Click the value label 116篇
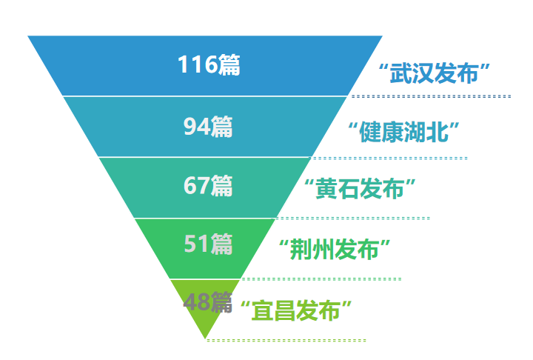[209, 64]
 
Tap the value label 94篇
[208, 127]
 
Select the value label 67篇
[208, 186]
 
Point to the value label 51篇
[208, 244]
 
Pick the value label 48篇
[208, 301]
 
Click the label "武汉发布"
[434, 73]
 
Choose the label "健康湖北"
[404, 132]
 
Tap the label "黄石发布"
[360, 188]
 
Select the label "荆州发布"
[335, 250]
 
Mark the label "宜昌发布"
[296, 310]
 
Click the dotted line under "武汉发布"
[431, 96]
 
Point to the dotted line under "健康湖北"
[390, 159]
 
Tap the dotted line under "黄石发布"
[354, 218]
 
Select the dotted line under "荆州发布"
[321, 279]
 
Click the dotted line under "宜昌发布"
[286, 340]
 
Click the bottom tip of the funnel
[205, 339]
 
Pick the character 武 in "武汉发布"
[400, 73]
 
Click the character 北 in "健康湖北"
[438, 132]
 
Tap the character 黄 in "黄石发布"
[326, 188]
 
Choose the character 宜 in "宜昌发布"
[263, 310]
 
